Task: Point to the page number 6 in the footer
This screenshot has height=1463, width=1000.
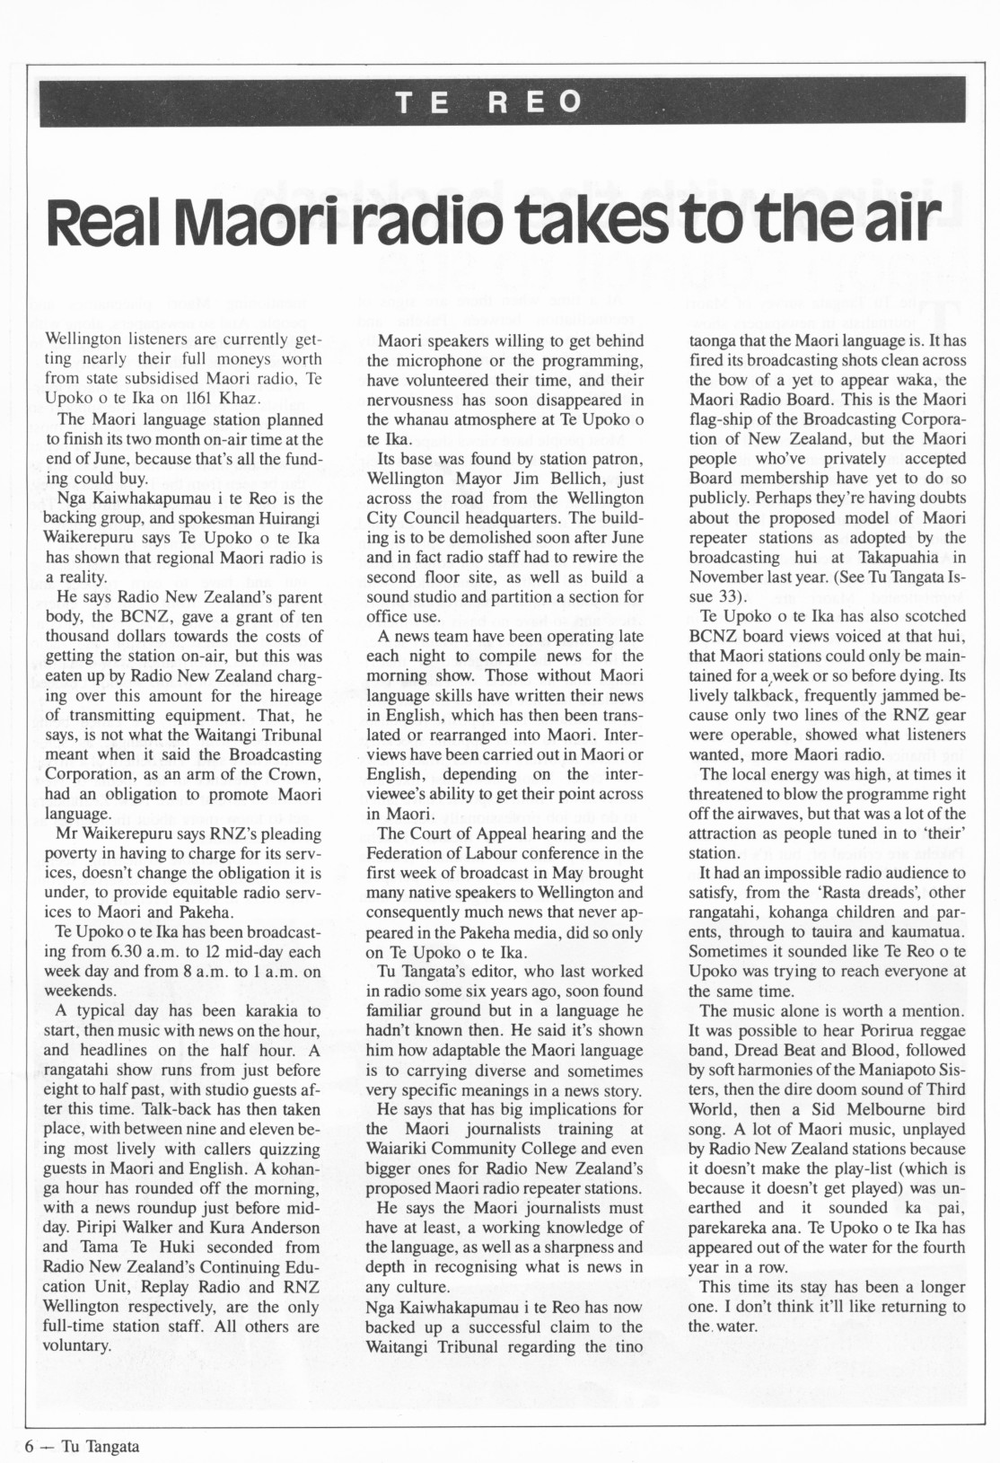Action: click(x=31, y=1445)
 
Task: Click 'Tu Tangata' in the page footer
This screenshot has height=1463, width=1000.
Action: click(x=101, y=1445)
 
